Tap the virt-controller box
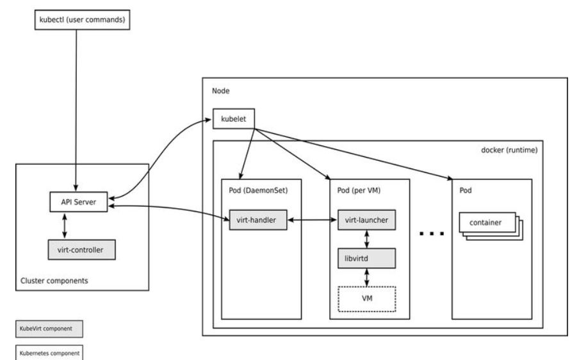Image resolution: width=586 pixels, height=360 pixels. [81, 249]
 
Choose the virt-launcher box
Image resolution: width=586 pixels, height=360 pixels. [365, 220]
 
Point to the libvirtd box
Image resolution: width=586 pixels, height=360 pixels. [365, 258]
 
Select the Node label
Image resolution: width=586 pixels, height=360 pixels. [220, 92]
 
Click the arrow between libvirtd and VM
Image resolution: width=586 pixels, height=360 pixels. [365, 277]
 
